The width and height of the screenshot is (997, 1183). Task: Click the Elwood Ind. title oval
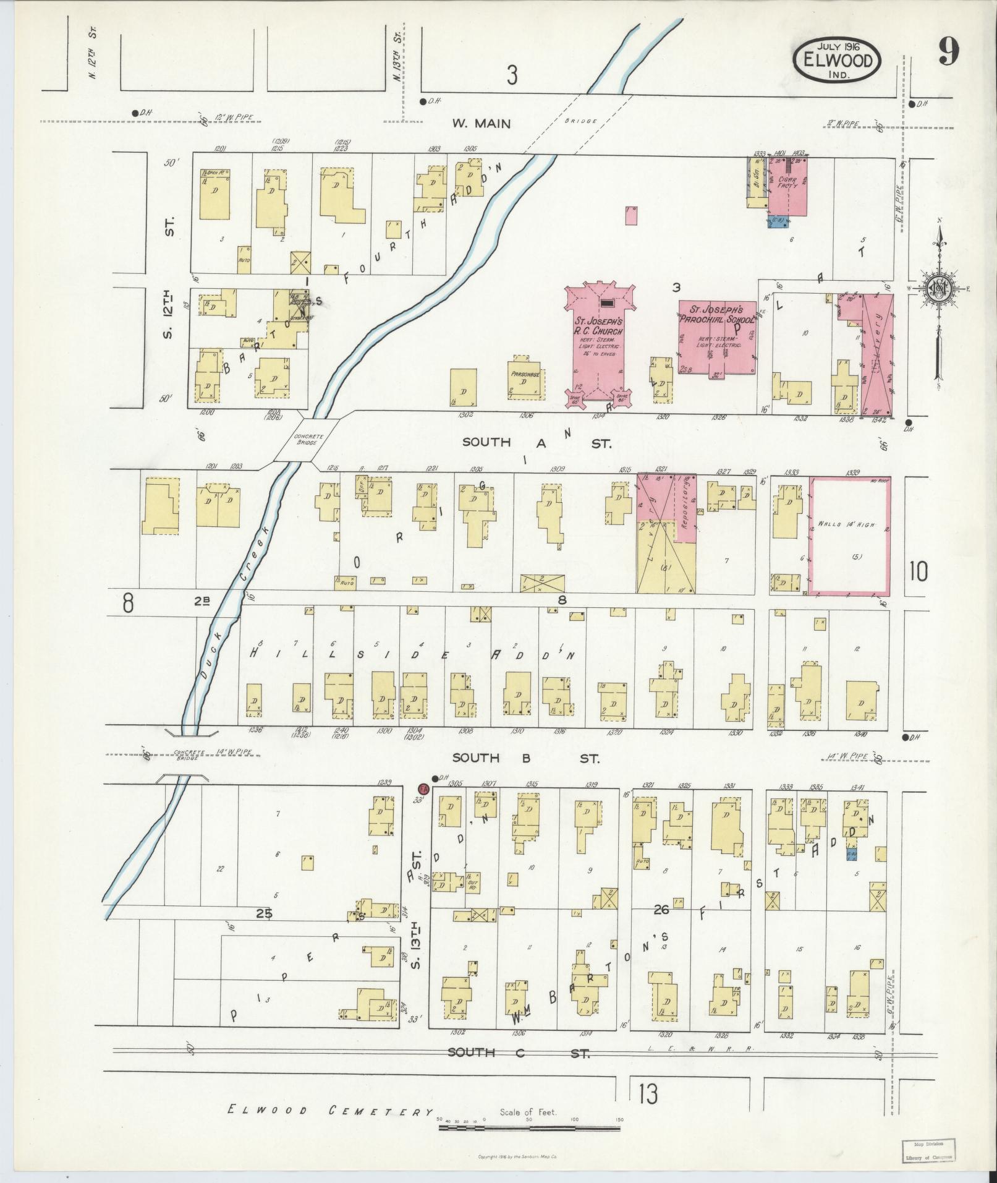pos(838,60)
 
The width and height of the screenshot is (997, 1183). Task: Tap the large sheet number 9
pos(948,52)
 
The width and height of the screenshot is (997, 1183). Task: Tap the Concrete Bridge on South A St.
pos(306,438)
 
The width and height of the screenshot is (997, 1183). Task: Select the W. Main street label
pos(482,123)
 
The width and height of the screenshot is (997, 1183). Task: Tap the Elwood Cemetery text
pos(330,1111)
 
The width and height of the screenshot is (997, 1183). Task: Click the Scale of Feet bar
pos(529,1128)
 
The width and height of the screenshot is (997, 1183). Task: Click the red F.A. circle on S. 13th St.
pos(423,790)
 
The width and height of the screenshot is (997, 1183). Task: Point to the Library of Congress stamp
pos(927,1151)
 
